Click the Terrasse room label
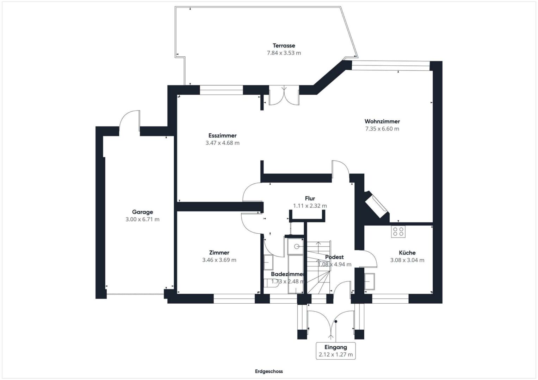[284, 46]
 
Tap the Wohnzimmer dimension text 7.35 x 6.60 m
[382, 129]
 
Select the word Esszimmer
[222, 135]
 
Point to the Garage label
[142, 212]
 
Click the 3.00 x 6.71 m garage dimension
[142, 219]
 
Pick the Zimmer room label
[219, 253]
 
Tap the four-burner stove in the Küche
[398, 232]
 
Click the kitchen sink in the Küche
[370, 281]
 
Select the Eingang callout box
[336, 351]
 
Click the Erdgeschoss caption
[269, 371]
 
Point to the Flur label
[310, 198]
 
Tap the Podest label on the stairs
[334, 257]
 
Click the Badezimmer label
[287, 274]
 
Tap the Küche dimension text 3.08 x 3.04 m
[407, 260]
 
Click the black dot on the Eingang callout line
[336, 322]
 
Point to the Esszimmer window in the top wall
[222, 90]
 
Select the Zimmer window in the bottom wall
[234, 299]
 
